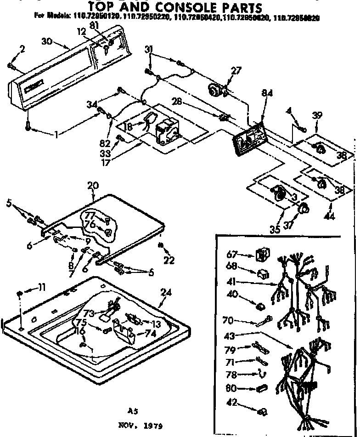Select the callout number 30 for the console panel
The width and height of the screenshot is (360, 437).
click(x=46, y=41)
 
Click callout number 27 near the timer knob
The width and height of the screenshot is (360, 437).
click(x=236, y=70)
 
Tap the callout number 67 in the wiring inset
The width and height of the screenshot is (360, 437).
click(x=233, y=254)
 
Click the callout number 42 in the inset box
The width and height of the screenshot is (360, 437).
click(x=233, y=403)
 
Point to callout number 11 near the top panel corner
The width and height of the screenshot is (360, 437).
click(x=41, y=288)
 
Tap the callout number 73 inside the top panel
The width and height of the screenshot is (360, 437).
click(x=89, y=313)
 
